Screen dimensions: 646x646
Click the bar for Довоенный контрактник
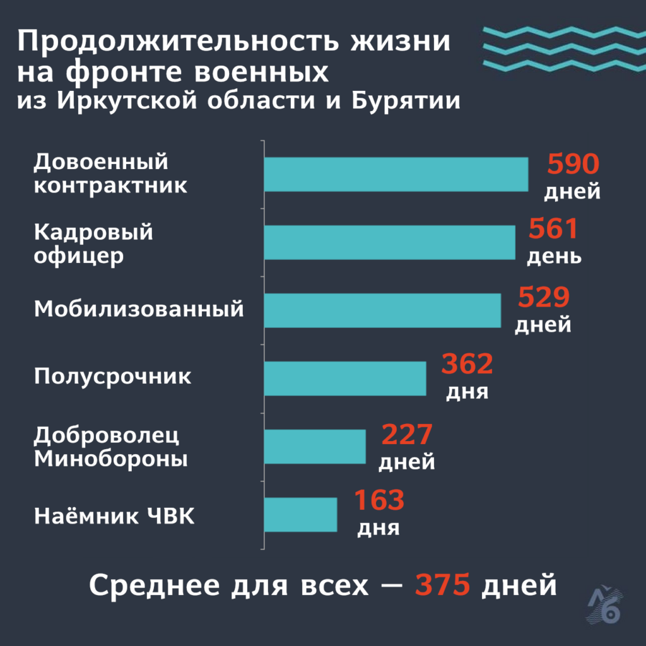tap(396, 174)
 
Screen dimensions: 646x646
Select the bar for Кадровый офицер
tap(389, 242)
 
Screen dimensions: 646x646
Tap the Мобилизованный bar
tap(382, 310)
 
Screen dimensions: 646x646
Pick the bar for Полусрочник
tap(345, 379)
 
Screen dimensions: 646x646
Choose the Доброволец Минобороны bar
tap(315, 447)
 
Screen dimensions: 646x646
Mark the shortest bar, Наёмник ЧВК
tap(300, 515)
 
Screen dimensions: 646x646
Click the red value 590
tap(572, 165)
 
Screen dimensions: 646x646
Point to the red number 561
tap(553, 230)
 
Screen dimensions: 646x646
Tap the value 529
tap(544, 297)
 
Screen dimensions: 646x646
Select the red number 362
tap(467, 365)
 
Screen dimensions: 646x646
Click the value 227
tap(406, 435)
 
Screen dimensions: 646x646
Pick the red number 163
tap(379, 501)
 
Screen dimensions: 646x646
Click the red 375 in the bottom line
tap(442, 585)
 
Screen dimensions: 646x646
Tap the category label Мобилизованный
tap(139, 310)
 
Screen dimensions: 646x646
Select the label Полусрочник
tap(112, 377)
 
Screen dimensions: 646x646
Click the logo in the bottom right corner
tap(608, 606)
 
